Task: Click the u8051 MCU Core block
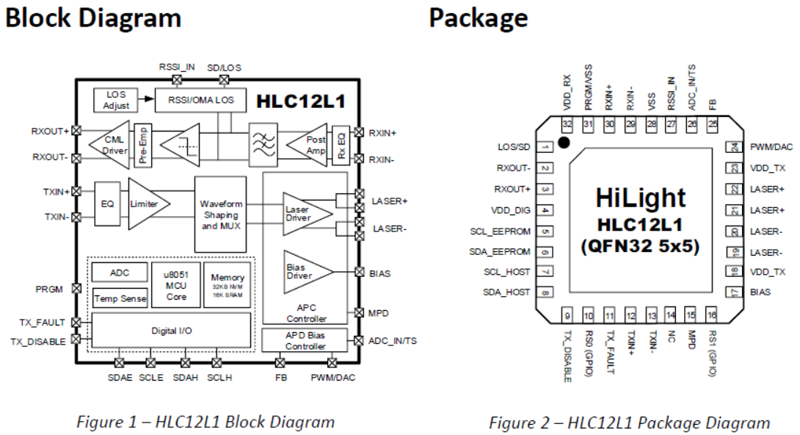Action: point(177,284)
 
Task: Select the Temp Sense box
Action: point(120,298)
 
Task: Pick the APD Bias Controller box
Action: point(305,341)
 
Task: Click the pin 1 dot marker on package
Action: point(564,142)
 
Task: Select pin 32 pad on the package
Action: point(567,124)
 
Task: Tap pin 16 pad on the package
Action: point(711,316)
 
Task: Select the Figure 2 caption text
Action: point(630,423)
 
